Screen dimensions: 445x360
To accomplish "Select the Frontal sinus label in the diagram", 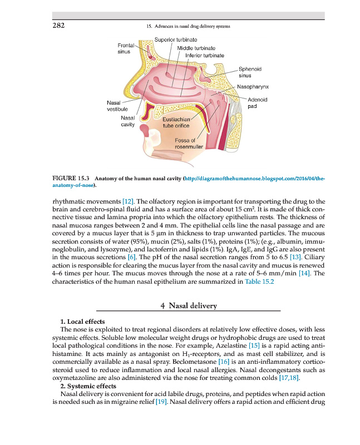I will click(124, 48).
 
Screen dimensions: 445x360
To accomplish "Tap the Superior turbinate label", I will click(176, 40).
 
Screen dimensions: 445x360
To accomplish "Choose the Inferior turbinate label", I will click(205, 56).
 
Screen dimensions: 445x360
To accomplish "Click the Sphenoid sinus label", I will click(250, 72).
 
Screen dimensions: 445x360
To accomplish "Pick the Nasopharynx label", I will click(253, 87).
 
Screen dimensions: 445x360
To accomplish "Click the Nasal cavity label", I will click(127, 121).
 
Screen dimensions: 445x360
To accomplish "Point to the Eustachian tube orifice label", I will click(176, 122).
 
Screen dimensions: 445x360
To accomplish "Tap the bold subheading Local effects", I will click(85, 322).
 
